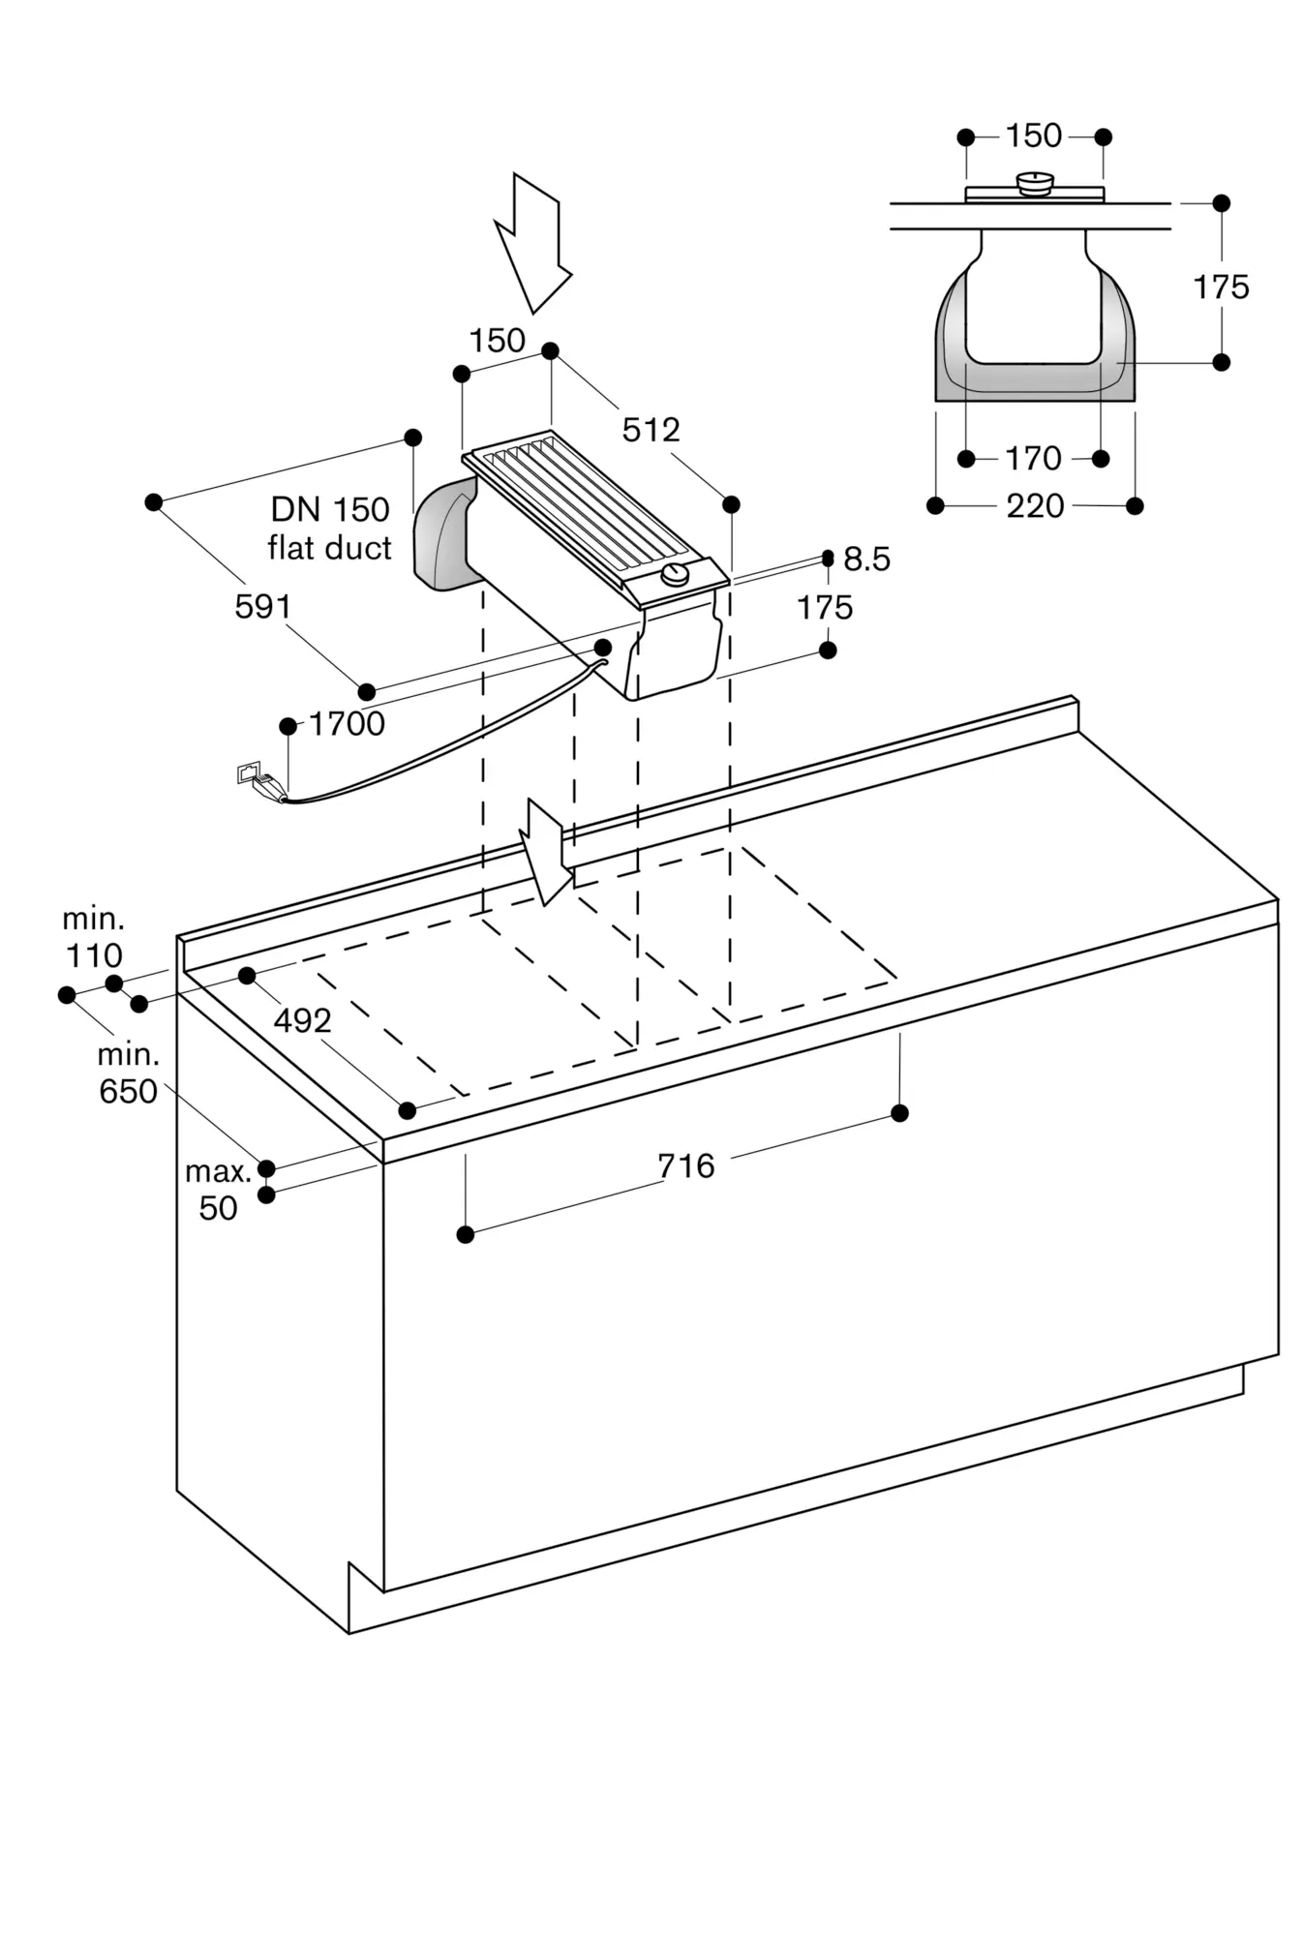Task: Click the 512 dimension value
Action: (x=651, y=430)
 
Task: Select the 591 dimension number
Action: (x=262, y=607)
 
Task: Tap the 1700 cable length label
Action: (x=347, y=724)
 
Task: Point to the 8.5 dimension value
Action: (x=866, y=560)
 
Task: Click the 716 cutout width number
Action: (x=685, y=1166)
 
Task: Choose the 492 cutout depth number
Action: (x=302, y=1020)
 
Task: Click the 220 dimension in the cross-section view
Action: (x=1035, y=506)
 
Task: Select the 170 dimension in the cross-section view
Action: (x=1033, y=459)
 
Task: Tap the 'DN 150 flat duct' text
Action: (x=330, y=529)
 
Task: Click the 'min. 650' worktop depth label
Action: (x=128, y=1074)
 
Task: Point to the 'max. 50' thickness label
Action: (x=218, y=1190)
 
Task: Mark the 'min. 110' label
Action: (x=94, y=937)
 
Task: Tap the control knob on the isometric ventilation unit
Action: (x=675, y=577)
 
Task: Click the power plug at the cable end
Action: (x=261, y=781)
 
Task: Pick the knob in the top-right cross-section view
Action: (x=1035, y=183)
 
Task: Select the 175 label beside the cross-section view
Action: (x=1221, y=287)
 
